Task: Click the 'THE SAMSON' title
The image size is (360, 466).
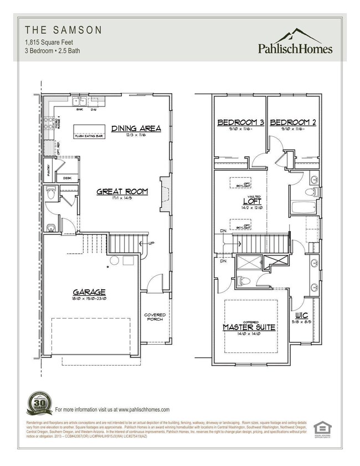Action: [x=55, y=29]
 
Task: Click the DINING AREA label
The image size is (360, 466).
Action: [x=136, y=129]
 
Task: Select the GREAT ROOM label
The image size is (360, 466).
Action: [x=122, y=192]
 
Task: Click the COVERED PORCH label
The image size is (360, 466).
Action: [x=155, y=318]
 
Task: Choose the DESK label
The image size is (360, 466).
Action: [x=67, y=178]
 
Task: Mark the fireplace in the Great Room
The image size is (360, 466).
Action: [x=164, y=194]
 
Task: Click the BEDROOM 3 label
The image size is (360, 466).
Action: [x=240, y=122]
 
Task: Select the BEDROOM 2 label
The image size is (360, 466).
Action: [x=292, y=122]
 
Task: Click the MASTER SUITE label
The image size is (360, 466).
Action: [x=249, y=327]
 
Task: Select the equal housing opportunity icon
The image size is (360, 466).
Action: [x=321, y=428]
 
